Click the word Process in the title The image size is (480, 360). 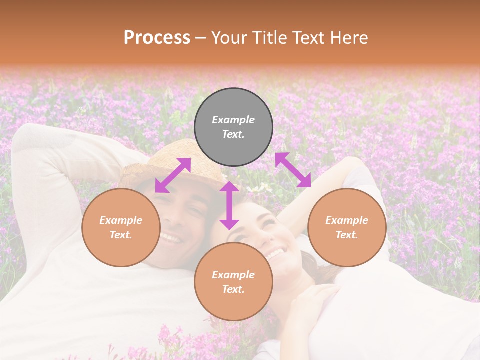point(157,38)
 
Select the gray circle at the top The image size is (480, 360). point(233,127)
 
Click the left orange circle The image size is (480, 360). point(121,227)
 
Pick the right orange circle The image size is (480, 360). point(347,227)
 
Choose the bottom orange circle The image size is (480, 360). point(233,282)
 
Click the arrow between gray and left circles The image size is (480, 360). point(173,175)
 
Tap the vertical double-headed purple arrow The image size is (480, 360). point(229,205)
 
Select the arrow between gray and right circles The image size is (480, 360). point(293,170)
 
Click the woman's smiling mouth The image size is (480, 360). point(275,254)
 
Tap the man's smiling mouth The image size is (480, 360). point(171,238)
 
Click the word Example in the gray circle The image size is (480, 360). point(233,120)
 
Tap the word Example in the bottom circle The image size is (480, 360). point(233,275)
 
